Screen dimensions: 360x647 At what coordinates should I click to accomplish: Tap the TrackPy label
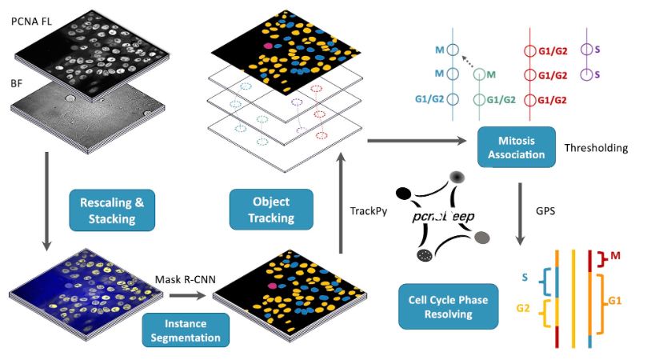point(371,211)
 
